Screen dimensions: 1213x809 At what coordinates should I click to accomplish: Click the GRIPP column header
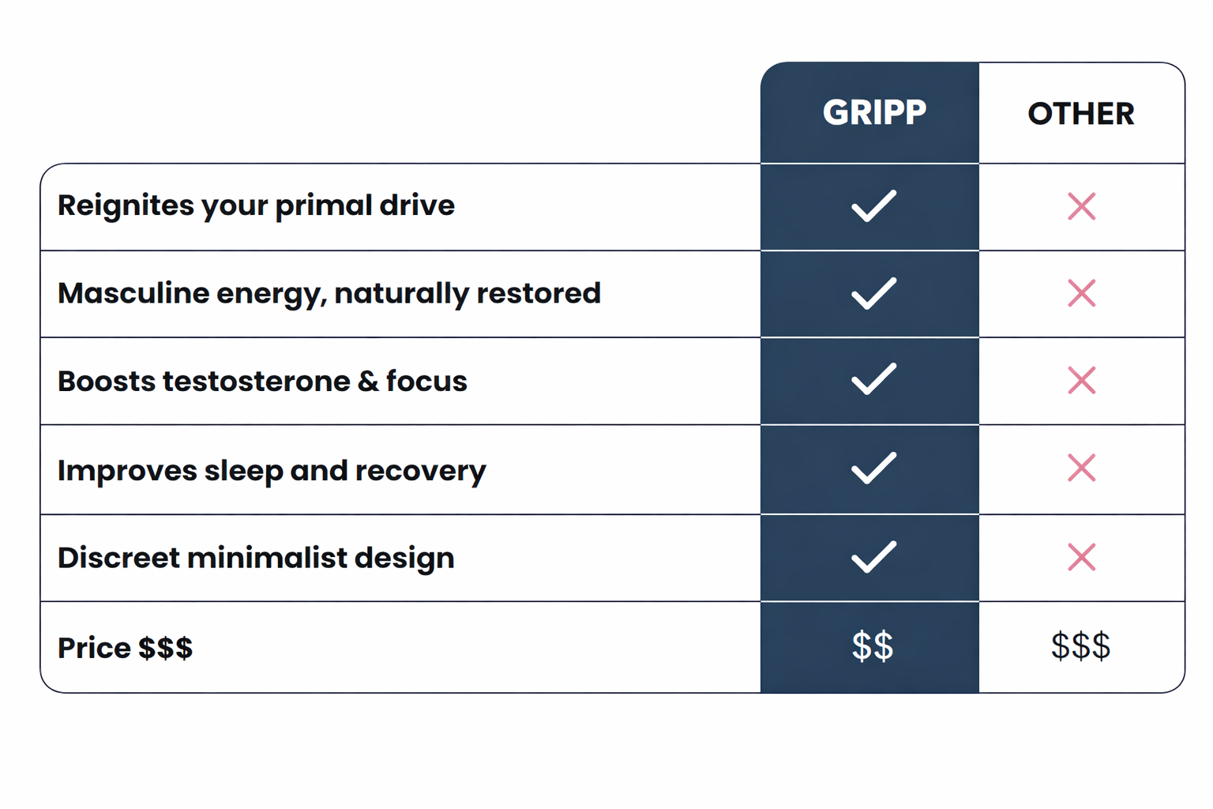pyautogui.click(x=874, y=112)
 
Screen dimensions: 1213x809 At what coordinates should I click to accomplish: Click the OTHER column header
pyautogui.click(x=1081, y=114)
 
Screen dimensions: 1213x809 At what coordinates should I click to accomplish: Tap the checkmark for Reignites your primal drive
pyautogui.click(x=873, y=206)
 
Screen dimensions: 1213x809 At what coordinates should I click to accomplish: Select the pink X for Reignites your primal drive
pyautogui.click(x=1081, y=206)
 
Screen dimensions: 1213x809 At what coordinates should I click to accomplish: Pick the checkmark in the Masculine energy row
pyautogui.click(x=873, y=293)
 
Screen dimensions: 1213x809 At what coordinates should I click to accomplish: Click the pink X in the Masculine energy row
pyautogui.click(x=1081, y=293)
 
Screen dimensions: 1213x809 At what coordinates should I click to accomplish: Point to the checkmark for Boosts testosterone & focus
pyautogui.click(x=873, y=379)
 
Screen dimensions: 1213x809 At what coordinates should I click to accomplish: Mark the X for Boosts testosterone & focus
pyautogui.click(x=1081, y=380)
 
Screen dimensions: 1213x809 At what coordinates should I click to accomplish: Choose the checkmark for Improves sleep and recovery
pyautogui.click(x=873, y=468)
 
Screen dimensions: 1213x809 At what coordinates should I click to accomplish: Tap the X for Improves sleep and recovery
pyautogui.click(x=1081, y=468)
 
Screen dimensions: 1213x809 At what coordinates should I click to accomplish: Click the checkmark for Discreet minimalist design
pyautogui.click(x=873, y=556)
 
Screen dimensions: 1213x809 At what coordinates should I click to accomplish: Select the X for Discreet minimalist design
pyautogui.click(x=1081, y=557)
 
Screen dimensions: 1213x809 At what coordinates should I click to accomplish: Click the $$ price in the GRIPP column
pyautogui.click(x=873, y=646)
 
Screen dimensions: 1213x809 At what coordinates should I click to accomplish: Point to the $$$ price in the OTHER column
pyautogui.click(x=1080, y=646)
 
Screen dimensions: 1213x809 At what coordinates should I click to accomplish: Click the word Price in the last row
pyautogui.click(x=94, y=648)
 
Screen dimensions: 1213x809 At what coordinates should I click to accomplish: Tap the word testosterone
pyautogui.click(x=256, y=381)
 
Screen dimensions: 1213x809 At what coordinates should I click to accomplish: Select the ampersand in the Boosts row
pyautogui.click(x=368, y=381)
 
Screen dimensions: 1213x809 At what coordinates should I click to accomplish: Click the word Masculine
pyautogui.click(x=133, y=293)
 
